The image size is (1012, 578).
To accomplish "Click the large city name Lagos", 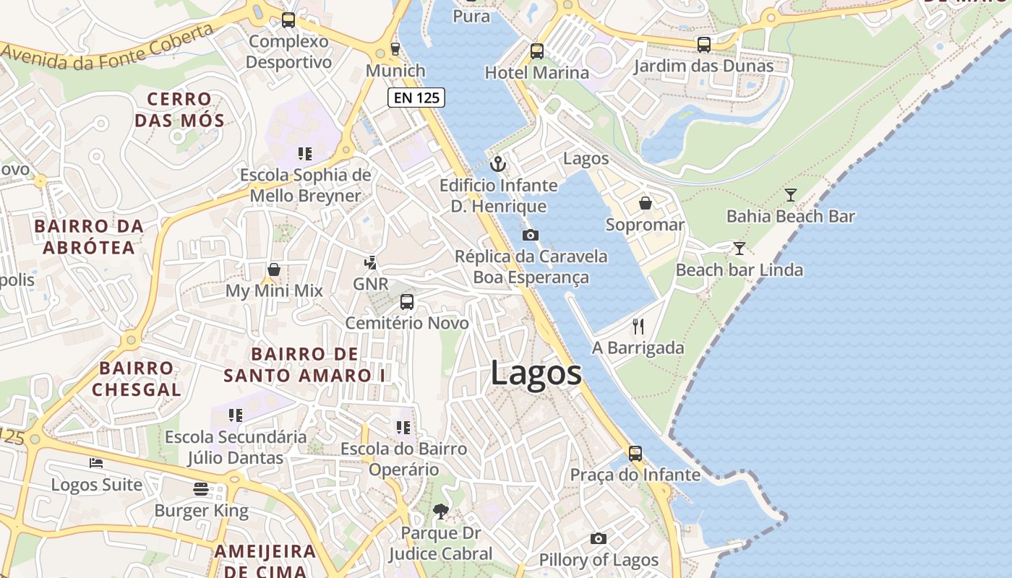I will (536, 374).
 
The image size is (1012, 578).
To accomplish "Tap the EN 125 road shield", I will (416, 98).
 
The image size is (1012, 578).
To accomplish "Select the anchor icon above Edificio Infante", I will (498, 164).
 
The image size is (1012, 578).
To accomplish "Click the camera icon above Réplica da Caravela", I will (530, 235).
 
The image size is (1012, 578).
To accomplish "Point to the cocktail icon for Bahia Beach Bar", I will (791, 195).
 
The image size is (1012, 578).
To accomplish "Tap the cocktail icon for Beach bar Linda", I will (739, 249).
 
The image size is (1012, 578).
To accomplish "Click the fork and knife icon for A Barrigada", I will (638, 327).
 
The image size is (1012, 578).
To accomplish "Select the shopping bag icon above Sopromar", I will (646, 204).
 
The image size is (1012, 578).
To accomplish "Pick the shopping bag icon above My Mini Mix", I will (274, 269).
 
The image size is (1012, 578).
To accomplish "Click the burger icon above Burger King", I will (201, 489).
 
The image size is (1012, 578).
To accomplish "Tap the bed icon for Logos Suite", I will (96, 462).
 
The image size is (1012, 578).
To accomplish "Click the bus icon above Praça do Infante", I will (635, 453).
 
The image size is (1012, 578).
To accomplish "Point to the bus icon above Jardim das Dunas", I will (703, 45).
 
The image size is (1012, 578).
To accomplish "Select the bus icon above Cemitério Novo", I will (407, 302).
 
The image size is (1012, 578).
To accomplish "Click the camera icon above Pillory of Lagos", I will (598, 538).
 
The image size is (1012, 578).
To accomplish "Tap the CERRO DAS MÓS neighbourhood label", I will (179, 109).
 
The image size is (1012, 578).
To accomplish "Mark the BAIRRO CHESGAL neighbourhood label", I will (137, 379).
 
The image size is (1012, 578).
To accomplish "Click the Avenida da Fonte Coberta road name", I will (108, 48).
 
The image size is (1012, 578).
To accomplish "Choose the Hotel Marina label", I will (536, 73).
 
